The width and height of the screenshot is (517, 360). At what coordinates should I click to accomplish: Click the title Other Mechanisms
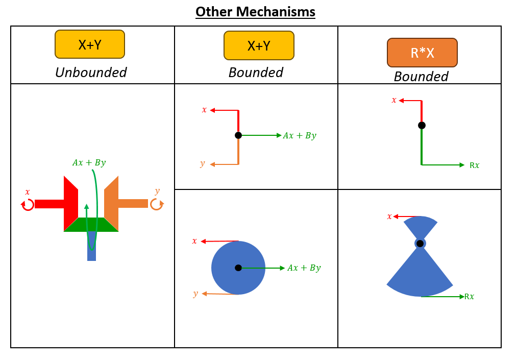[255, 12]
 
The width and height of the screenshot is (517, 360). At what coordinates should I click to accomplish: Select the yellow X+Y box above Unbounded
[90, 44]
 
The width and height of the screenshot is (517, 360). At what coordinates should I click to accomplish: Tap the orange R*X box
[422, 53]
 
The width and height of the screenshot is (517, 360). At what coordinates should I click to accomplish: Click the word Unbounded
[91, 73]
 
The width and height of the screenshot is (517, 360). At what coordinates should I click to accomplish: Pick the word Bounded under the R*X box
[421, 77]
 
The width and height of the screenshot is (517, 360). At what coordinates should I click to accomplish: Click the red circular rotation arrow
[28, 204]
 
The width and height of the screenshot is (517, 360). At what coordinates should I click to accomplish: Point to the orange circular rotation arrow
[156, 204]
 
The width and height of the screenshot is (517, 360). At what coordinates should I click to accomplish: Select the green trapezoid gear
[91, 225]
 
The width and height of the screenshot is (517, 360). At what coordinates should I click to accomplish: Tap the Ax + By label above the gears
[89, 163]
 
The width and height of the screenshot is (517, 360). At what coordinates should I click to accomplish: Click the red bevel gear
[70, 204]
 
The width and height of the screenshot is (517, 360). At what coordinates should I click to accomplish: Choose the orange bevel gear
[112, 204]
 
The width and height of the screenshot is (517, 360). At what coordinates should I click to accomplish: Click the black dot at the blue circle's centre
[238, 268]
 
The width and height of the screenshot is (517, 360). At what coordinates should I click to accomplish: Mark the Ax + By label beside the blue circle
[304, 268]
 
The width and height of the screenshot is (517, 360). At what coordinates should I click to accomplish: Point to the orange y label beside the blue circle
[195, 294]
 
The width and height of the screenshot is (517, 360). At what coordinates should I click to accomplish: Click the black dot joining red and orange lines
[238, 135]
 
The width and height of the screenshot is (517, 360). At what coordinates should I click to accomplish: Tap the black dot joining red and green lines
[422, 125]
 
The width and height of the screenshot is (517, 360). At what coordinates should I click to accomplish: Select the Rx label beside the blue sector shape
[469, 297]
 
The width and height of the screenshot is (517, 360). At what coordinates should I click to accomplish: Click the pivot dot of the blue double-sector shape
[420, 244]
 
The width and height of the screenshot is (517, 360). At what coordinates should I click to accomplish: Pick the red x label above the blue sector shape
[389, 217]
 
